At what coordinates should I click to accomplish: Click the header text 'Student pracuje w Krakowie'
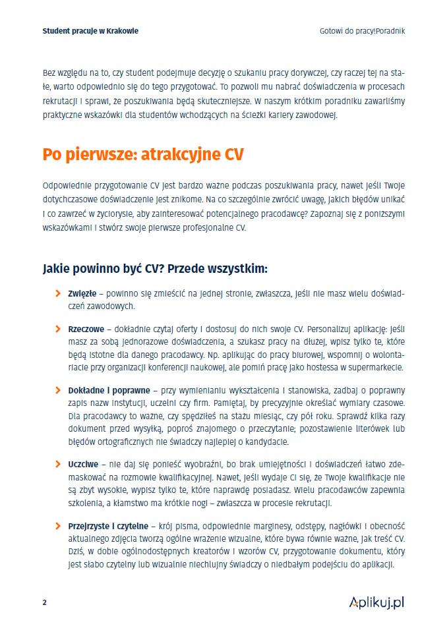click(90, 30)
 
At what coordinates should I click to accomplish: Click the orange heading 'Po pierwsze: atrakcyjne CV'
click(143, 155)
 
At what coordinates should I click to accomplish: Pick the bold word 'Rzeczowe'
click(84, 328)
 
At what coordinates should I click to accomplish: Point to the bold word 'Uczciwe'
click(83, 464)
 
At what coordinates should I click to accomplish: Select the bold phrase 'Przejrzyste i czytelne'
click(109, 526)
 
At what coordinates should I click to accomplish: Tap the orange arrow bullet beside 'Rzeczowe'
click(58, 328)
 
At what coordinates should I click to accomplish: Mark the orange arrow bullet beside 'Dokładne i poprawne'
click(58, 390)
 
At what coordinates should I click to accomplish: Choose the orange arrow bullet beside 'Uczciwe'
click(58, 464)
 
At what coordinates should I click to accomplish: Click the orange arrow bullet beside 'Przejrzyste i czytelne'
click(58, 526)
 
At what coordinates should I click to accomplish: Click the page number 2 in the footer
click(44, 602)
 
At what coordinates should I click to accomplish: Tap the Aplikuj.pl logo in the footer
click(376, 602)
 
